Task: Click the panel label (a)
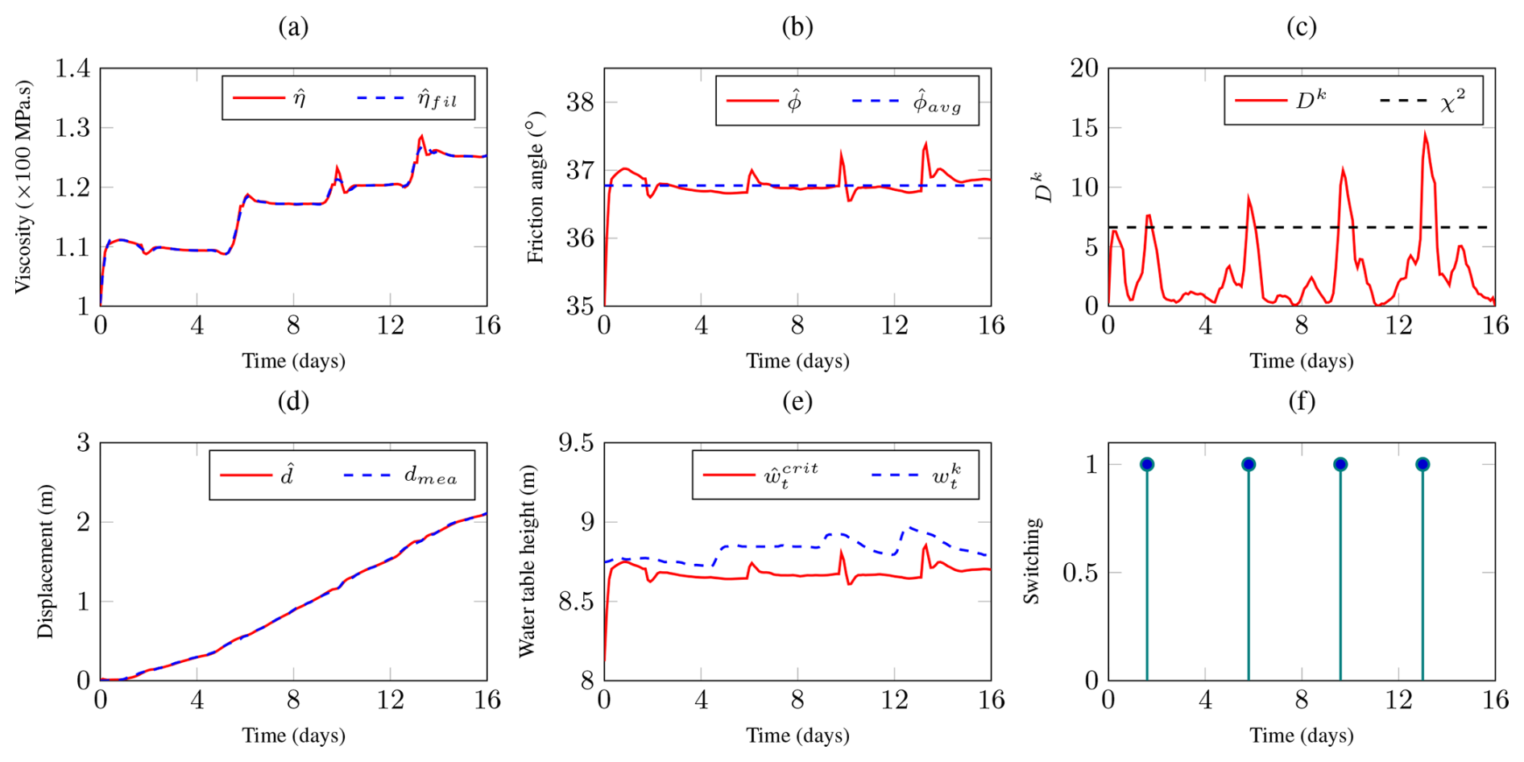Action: tap(293, 27)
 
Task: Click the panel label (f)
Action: tap(1302, 401)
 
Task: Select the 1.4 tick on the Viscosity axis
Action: tap(72, 68)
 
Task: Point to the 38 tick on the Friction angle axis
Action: tap(580, 102)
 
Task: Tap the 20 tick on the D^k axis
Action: tap(1084, 68)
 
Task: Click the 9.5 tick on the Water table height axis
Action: tap(577, 443)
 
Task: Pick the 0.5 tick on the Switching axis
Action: tap(1080, 573)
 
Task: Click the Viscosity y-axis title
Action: tap(23, 187)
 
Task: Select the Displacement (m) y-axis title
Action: tap(45, 561)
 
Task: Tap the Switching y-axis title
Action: tap(1032, 561)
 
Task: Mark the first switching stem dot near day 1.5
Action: tap(1147, 464)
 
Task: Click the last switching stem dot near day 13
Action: tap(1423, 464)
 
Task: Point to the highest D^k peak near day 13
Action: tap(1425, 133)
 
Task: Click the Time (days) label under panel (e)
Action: tap(797, 735)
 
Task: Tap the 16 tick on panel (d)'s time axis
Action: tap(487, 699)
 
